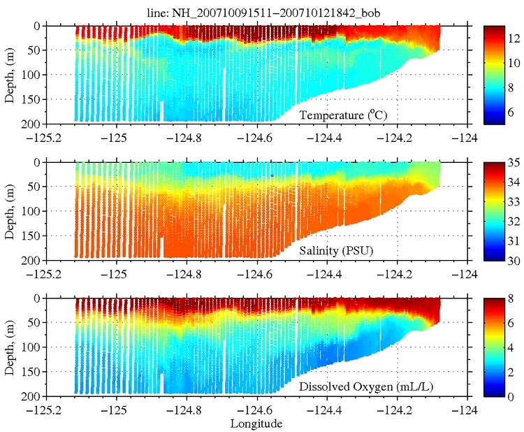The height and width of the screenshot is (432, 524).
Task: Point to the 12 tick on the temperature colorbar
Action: pos(511,36)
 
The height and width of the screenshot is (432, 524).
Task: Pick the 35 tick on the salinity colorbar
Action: pos(511,163)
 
